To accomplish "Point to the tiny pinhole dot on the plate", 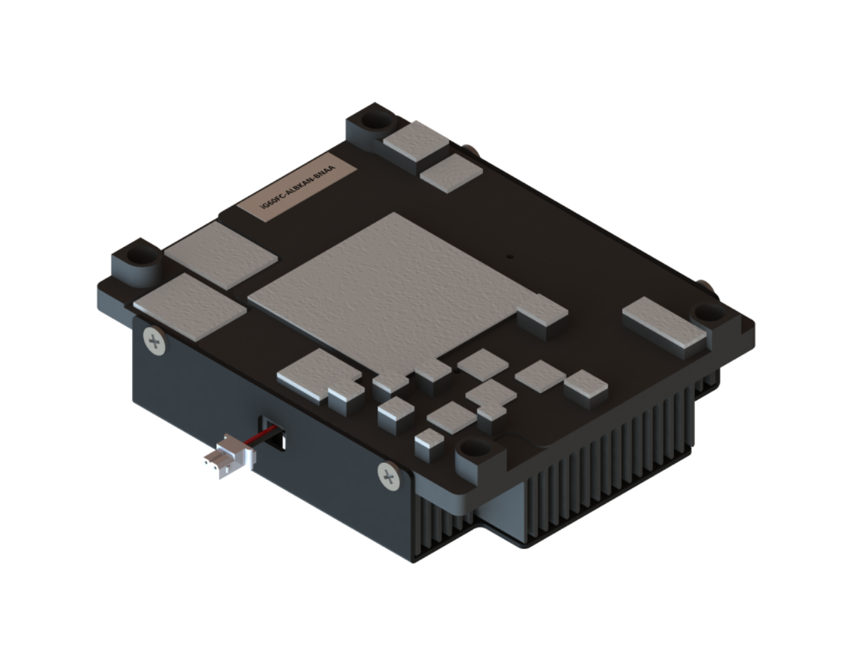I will pyautogui.click(x=510, y=256).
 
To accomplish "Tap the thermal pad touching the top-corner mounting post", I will pyautogui.click(x=417, y=141).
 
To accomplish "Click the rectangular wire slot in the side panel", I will pyautogui.click(x=272, y=433).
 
